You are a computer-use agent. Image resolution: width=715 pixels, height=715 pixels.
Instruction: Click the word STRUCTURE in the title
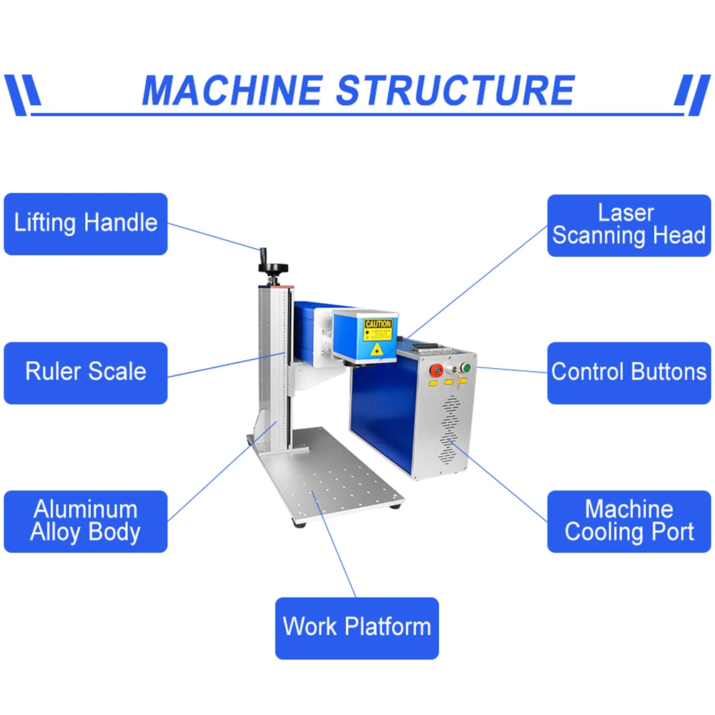coord(455,91)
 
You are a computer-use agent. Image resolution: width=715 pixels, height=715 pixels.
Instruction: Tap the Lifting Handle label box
coord(86,224)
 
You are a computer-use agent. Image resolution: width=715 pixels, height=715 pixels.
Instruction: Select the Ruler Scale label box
coord(86,373)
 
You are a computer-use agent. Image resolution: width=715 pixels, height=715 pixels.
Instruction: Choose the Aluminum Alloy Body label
coord(86,521)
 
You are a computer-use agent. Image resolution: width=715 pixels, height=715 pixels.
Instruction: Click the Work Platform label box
coord(357,628)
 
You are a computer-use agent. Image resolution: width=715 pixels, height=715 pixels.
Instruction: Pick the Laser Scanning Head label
coord(629,225)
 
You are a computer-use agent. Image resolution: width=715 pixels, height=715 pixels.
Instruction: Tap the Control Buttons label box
coord(629,373)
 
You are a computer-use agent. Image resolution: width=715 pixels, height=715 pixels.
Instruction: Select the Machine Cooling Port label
coord(629,521)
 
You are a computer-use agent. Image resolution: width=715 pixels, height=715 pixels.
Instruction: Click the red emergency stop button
coord(435,370)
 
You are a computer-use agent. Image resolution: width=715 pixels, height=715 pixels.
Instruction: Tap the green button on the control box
coord(466,368)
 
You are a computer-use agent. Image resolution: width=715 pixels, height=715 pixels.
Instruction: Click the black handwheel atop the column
coord(272,268)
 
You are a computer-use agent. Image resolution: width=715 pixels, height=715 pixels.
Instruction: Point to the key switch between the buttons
coord(451,370)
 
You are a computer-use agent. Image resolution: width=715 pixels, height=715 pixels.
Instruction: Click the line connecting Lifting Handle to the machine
coord(214,237)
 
